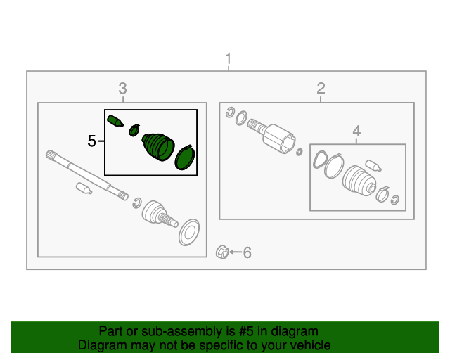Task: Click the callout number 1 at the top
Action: [229, 58]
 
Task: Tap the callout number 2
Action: [321, 88]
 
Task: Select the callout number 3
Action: [122, 89]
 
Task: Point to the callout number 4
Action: [356, 131]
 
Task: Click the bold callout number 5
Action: [91, 141]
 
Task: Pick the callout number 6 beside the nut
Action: [247, 252]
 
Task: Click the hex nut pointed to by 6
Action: [222, 252]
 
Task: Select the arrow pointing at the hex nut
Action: [236, 252]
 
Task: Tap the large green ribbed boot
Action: [158, 147]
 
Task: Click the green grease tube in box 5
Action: [115, 121]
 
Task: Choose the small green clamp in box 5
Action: [134, 130]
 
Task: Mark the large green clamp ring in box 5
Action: [185, 157]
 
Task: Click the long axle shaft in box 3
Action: [87, 175]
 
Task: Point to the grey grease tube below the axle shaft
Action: [84, 188]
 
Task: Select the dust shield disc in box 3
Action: [189, 232]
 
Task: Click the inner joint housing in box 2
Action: [278, 139]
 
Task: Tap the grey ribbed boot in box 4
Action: [359, 181]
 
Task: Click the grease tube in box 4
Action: [373, 166]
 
